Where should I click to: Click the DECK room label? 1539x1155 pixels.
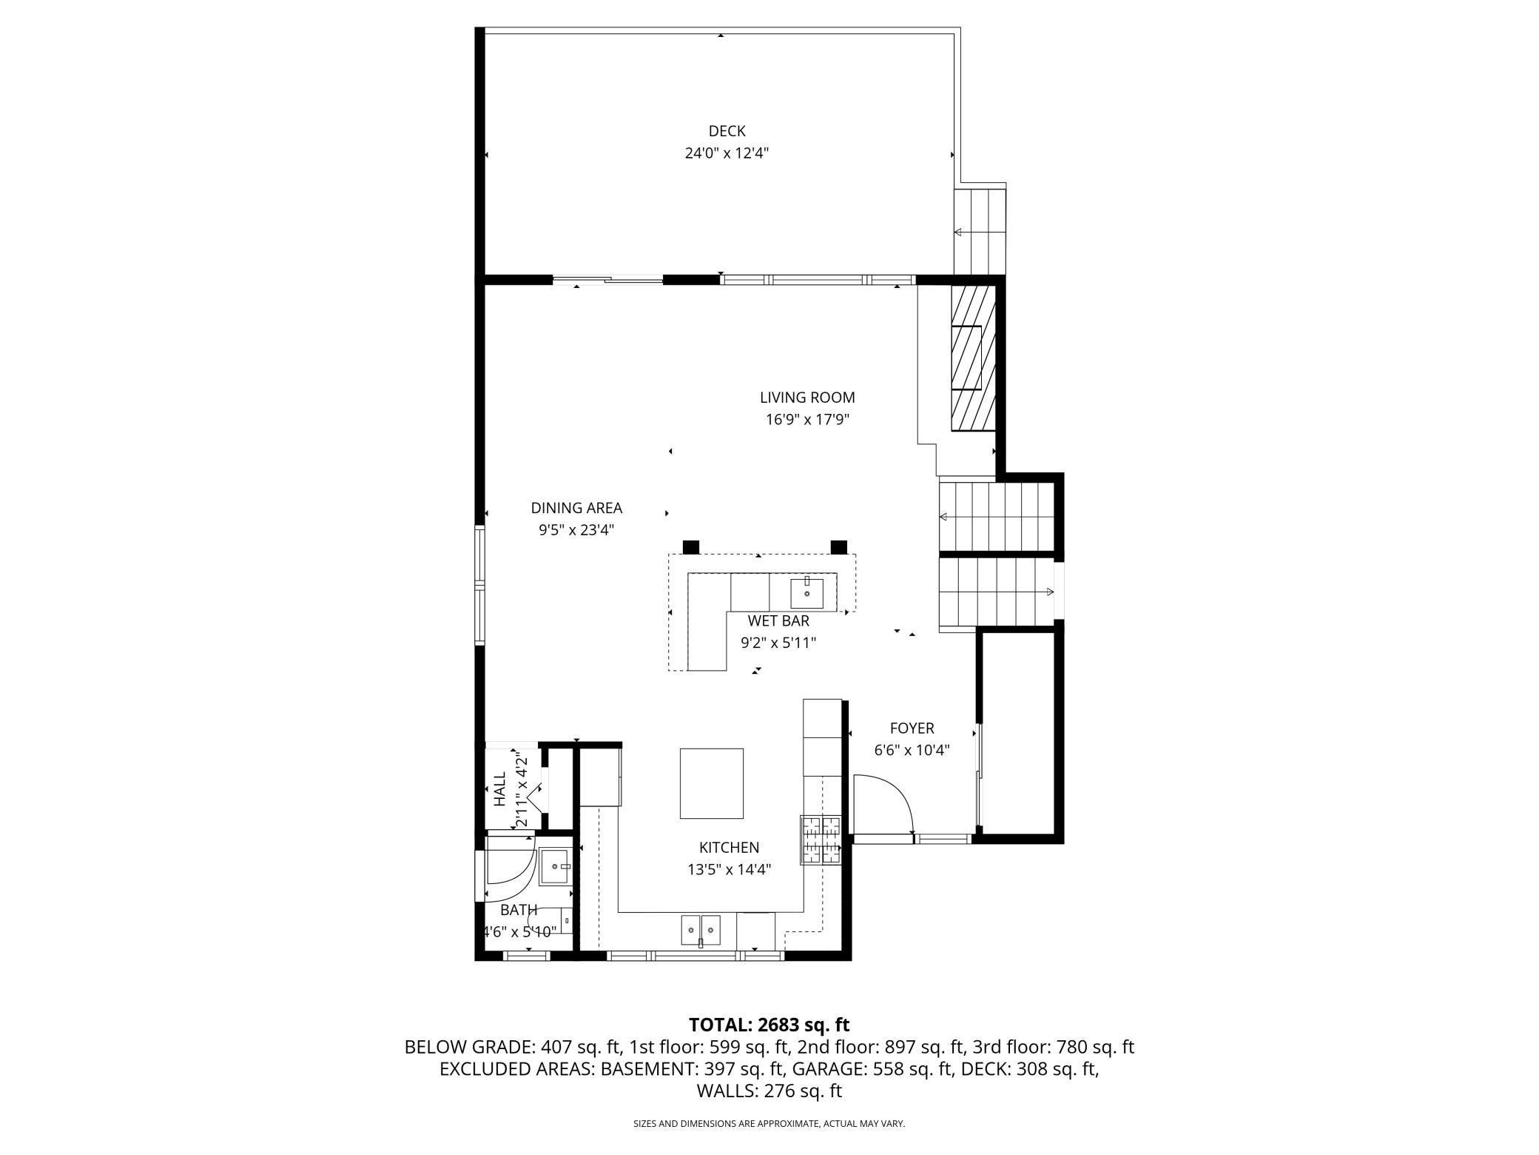click(x=727, y=131)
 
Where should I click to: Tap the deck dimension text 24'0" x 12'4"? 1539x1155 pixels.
click(x=727, y=153)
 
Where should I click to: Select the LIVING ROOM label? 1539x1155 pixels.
click(x=807, y=398)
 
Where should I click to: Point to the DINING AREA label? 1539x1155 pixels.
click(x=576, y=508)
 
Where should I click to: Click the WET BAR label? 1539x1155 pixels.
click(x=778, y=621)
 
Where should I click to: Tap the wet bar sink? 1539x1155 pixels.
click(x=806, y=592)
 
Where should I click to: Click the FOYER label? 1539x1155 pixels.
click(x=912, y=729)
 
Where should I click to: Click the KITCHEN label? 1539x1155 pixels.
click(x=730, y=848)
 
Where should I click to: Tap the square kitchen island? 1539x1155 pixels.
click(x=712, y=783)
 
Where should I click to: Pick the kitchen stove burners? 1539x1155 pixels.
click(x=821, y=840)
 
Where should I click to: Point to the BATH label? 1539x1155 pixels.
click(x=519, y=910)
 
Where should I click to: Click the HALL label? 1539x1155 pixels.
click(x=500, y=789)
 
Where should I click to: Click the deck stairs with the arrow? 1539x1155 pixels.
click(x=980, y=232)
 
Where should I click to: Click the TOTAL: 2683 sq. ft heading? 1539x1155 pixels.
click(x=769, y=1025)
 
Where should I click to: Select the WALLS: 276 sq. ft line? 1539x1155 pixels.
click(x=769, y=1091)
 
